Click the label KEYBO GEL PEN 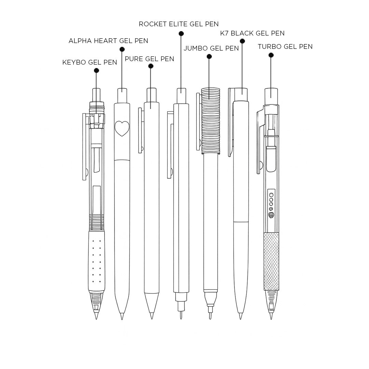point(90,63)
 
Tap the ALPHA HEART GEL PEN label point(108,41)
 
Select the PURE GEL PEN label point(149,59)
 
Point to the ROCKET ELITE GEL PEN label point(179,24)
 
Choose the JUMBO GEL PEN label point(211,48)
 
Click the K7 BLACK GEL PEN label point(252,33)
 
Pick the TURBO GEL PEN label point(285,46)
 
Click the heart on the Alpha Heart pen point(122,128)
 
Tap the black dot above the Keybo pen point(96,70)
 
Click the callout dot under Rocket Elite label point(181,33)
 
